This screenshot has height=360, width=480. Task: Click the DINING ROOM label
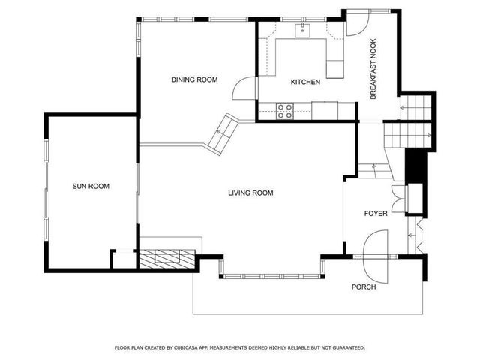(x=194, y=79)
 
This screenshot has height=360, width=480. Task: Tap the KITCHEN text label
(x=306, y=82)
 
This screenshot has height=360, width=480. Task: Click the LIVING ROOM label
(x=250, y=193)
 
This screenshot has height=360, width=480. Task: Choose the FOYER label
(x=376, y=214)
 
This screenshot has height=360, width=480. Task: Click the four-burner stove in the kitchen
(x=285, y=111)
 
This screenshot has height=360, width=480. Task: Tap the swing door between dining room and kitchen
(x=243, y=89)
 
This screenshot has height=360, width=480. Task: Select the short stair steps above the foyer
(x=367, y=170)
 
